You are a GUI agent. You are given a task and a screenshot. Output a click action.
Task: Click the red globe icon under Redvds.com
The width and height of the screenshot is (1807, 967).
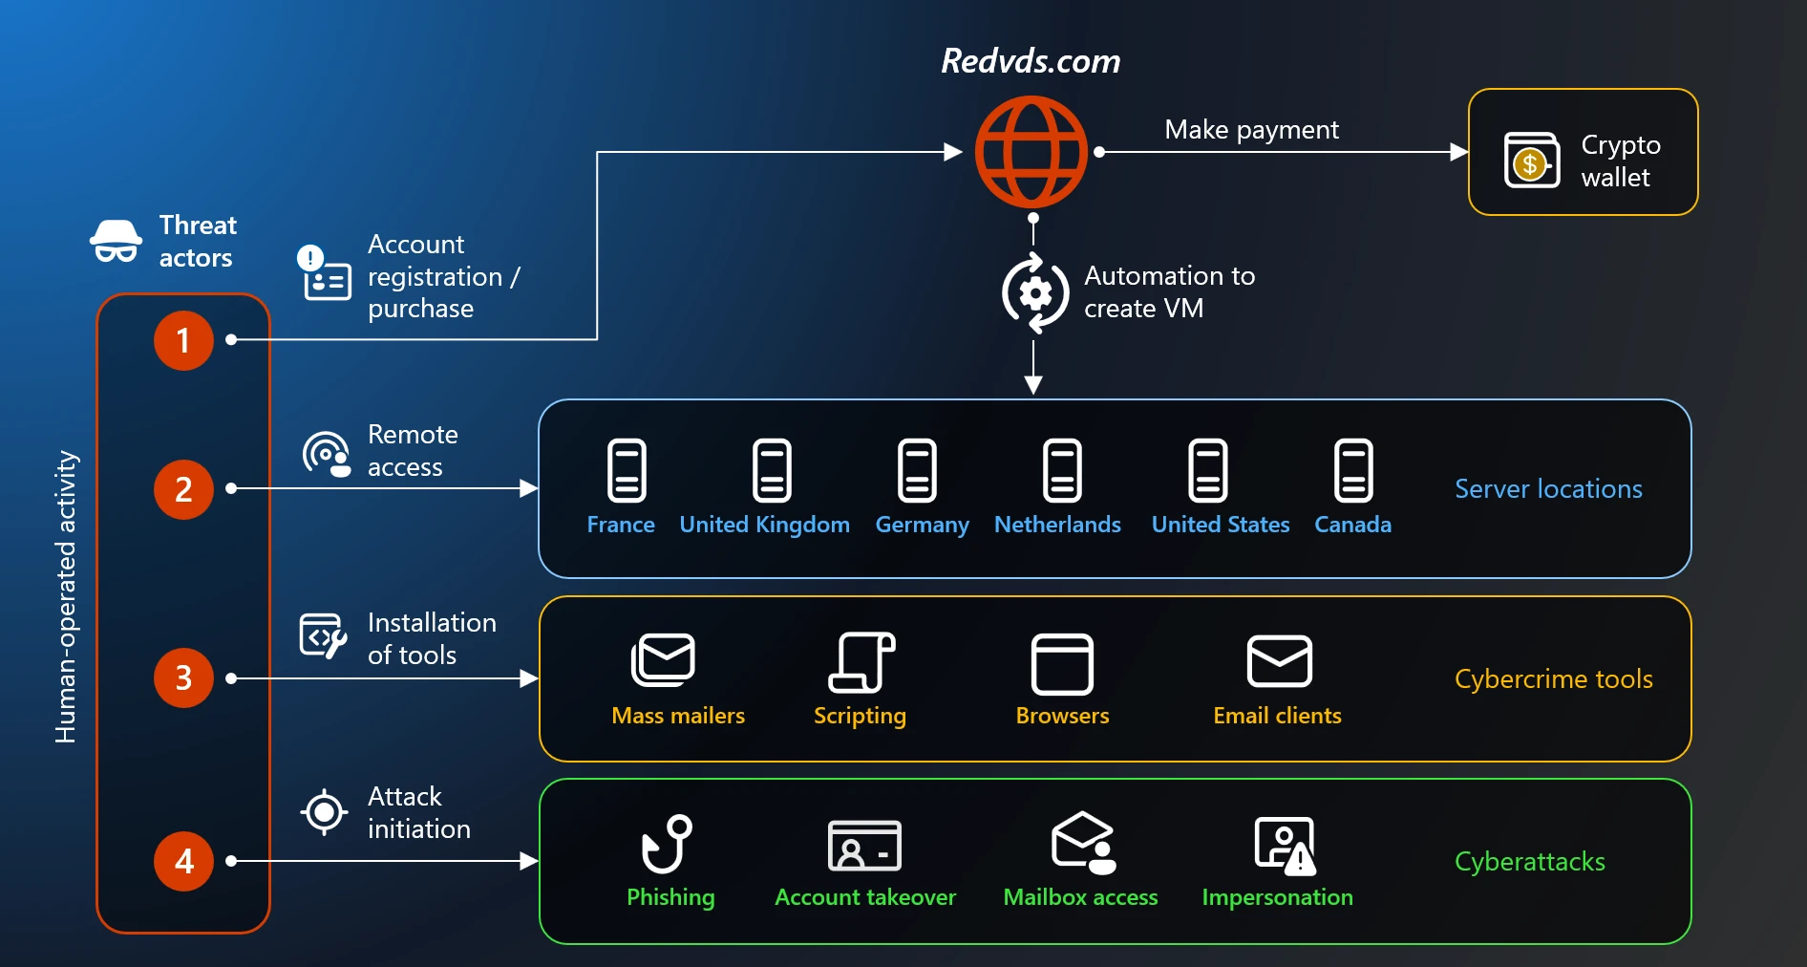[x=1031, y=152]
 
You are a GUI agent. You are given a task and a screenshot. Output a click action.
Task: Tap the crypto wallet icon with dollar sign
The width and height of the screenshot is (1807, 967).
[x=1531, y=161]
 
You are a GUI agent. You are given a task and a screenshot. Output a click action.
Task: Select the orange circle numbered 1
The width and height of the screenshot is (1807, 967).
[x=183, y=340]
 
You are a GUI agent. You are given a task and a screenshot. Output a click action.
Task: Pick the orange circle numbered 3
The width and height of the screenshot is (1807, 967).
[x=183, y=677]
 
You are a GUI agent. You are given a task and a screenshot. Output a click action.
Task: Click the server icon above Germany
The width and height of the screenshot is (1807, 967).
[x=917, y=470]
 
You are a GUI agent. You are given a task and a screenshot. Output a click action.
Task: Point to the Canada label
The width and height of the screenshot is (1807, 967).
[x=1352, y=525]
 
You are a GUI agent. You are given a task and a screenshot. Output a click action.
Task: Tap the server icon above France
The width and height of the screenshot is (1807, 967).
[x=627, y=470]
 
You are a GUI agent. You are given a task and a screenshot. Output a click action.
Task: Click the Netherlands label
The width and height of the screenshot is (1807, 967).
[x=1057, y=525]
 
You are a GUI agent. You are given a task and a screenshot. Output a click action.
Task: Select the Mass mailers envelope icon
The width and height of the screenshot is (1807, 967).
[x=663, y=659]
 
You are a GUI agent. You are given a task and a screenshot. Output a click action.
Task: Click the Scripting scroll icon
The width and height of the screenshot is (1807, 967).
[x=861, y=661]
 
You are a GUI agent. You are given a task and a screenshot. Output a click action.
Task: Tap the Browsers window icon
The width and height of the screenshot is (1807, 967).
[x=1062, y=663]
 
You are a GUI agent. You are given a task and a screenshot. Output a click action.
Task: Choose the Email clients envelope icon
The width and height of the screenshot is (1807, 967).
[x=1279, y=660]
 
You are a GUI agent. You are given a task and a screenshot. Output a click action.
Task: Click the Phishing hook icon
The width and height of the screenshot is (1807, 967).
[x=667, y=844]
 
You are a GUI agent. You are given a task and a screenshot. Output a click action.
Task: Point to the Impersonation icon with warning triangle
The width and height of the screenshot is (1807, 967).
[x=1285, y=846]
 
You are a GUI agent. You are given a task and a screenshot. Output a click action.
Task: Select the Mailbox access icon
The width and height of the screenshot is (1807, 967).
[x=1083, y=843]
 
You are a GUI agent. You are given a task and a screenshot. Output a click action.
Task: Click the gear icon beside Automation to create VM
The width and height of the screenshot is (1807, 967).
[x=1035, y=293]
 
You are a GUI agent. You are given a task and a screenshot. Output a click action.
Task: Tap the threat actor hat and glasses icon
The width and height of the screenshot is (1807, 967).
[x=117, y=241]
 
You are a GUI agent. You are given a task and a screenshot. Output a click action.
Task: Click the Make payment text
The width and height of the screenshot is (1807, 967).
[x=1251, y=129]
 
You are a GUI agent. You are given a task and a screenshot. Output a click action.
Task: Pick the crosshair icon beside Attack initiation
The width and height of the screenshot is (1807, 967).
[x=324, y=812]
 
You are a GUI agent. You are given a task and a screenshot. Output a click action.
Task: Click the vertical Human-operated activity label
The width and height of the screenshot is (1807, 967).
[x=65, y=596]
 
